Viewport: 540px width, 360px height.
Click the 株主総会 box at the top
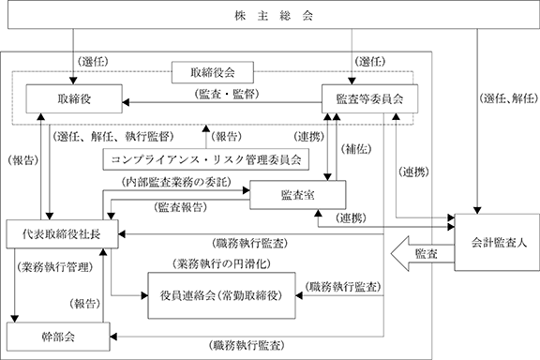coord(274,14)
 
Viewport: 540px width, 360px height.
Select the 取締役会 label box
coord(213,72)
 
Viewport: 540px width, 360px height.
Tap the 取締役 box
coord(74,98)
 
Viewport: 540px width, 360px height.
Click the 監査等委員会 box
coord(370,98)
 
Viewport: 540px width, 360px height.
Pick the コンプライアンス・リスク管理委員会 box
coord(206,159)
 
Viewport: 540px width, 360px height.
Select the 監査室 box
coord(298,195)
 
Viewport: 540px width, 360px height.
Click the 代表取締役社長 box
coord(62,234)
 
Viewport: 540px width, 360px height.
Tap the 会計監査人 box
coord(497,243)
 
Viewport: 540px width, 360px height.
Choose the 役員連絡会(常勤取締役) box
coord(221,295)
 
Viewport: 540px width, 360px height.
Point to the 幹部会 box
coord(58,337)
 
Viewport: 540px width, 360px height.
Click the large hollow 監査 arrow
coord(422,254)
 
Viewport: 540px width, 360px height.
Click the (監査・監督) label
coord(227,94)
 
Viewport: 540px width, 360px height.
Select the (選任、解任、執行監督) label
coord(113,137)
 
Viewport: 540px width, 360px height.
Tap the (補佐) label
coord(356,149)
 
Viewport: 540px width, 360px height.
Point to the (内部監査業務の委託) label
coord(176,182)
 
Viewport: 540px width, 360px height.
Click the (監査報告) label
coord(181,207)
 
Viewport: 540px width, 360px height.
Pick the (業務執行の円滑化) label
coord(221,263)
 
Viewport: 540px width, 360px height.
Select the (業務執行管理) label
coord(54,267)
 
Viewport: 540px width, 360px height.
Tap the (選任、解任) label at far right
coord(508,98)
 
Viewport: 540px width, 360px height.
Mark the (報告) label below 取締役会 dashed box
coord(226,137)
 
